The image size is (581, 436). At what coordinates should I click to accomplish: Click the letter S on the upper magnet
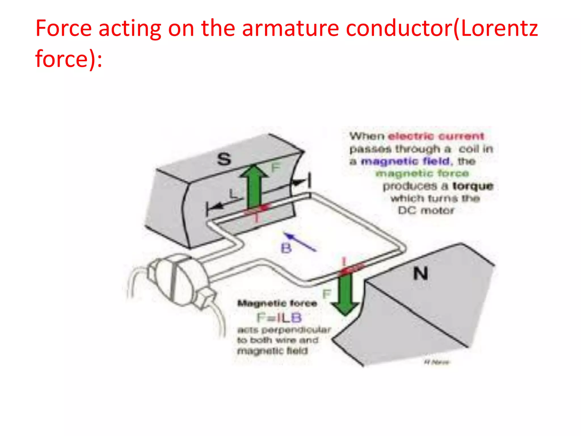pos(224,159)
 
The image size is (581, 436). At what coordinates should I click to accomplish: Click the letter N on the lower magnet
pos(420,274)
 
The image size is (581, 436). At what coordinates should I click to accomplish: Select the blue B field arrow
pos(300,242)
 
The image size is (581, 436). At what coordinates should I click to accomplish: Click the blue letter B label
pos(286,248)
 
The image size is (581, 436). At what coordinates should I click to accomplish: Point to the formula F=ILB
pos(279,318)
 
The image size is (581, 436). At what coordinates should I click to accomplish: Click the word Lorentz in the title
pos(499,28)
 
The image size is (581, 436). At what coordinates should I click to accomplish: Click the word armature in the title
pos(290,28)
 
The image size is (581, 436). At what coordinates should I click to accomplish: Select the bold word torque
pos(473,186)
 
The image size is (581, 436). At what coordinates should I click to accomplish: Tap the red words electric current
pos(436,136)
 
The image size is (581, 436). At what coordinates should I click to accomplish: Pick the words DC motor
pos(426,210)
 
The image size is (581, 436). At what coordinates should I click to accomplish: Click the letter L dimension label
pos(233,194)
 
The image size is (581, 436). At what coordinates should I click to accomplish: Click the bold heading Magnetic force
pos(277,303)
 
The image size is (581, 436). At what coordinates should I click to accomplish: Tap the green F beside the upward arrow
pos(275,168)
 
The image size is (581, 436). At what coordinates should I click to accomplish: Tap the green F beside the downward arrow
pos(327,294)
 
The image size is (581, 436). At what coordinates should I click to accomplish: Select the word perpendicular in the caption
pos(296,330)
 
